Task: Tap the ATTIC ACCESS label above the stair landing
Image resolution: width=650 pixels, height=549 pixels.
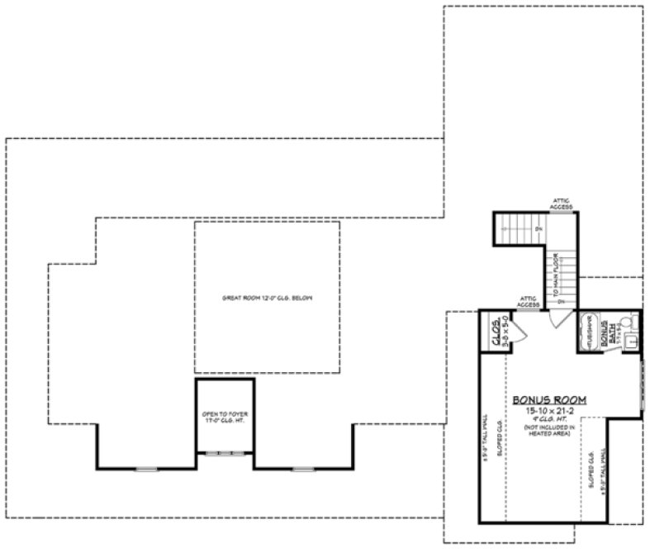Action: click(561, 205)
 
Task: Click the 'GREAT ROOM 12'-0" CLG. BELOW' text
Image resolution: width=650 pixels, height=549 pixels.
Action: click(267, 298)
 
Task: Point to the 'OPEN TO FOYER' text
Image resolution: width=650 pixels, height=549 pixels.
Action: click(224, 416)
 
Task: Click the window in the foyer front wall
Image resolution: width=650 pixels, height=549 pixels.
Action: click(225, 453)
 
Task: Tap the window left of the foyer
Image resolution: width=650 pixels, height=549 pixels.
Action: click(146, 469)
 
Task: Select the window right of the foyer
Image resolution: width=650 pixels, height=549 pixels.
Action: click(303, 469)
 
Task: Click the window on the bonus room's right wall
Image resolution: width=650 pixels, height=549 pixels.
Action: click(642, 384)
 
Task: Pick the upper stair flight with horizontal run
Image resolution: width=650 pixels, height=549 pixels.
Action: click(519, 229)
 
